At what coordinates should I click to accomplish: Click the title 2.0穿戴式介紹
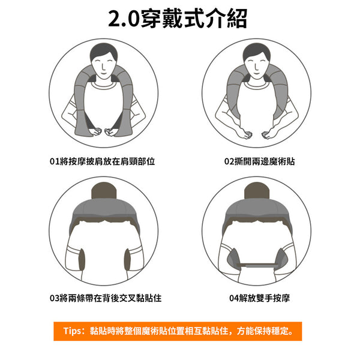(178, 18)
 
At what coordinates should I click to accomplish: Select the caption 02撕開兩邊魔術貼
(259, 161)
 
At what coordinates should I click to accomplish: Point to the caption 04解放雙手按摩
(259, 298)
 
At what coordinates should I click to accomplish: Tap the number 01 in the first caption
(55, 161)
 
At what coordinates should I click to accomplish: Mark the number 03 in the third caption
(55, 298)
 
